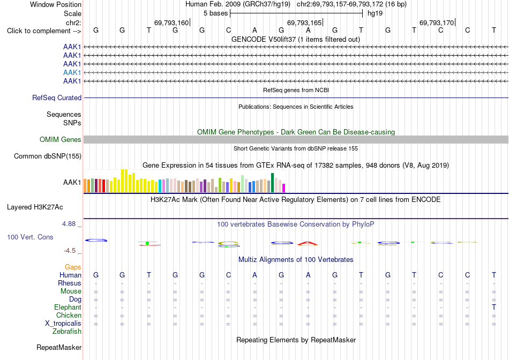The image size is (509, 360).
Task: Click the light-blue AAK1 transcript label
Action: pos(72,72)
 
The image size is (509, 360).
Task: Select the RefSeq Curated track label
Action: pos(57,97)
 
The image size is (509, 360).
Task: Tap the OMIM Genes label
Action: pos(61,140)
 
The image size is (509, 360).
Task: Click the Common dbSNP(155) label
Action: pos(48,156)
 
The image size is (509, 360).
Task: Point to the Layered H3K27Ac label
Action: pos(35,207)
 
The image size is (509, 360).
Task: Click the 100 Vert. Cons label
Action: pos(30,237)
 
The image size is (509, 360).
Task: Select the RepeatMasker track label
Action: pos(59,347)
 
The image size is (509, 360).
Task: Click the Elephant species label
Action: pos(68,307)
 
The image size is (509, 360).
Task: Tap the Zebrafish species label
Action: pos(67,332)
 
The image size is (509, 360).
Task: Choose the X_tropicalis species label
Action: pos(63,324)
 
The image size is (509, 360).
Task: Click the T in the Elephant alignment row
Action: pos(494,307)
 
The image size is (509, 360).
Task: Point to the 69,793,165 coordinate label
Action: pos(304,22)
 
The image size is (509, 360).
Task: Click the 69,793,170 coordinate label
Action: pos(437,22)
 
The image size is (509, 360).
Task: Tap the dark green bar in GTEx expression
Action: pos(273,183)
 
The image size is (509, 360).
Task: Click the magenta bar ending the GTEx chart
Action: pos(284,188)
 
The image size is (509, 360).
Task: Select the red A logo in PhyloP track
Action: pos(308,243)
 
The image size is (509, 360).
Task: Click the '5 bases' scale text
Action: pos(215,13)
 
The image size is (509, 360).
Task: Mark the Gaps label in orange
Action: pos(73,267)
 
